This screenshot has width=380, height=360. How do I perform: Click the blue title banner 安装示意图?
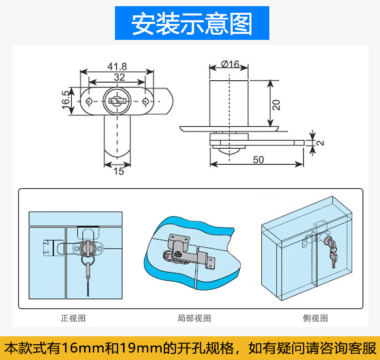tap(191, 23)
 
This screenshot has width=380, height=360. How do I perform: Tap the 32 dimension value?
tap(119, 77)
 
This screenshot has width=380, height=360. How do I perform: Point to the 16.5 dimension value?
tap(66, 101)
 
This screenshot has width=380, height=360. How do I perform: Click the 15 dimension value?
tap(118, 171)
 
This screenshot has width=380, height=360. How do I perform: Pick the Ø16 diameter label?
tap(230, 64)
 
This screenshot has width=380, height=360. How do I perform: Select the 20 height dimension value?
tap(276, 104)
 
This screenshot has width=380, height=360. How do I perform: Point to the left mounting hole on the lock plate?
tap(89, 101)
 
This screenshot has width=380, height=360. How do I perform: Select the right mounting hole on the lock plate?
tap(145, 101)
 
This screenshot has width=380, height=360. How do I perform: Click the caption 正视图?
tap(73, 318)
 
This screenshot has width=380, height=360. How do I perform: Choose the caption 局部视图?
tap(194, 318)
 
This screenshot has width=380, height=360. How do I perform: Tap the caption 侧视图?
tap(315, 318)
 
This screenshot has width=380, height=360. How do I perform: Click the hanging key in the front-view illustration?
tap(88, 275)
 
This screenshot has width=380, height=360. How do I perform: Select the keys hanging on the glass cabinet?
tap(332, 254)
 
